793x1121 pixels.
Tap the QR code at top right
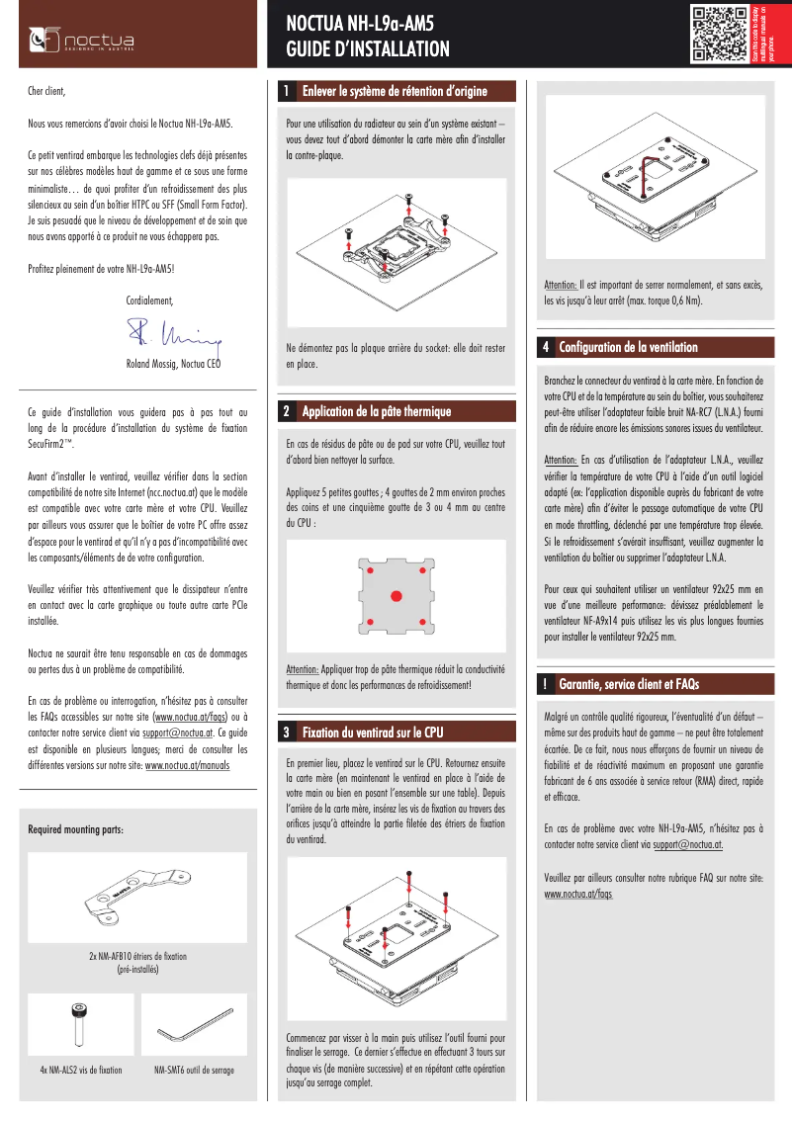point(718,34)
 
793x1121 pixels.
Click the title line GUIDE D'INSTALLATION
point(367,49)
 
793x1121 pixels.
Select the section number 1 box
point(286,92)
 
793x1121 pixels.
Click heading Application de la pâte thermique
point(376,411)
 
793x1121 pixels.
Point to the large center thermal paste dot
point(395,596)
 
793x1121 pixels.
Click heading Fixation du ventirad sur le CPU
point(373,733)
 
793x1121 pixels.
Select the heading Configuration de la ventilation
point(628,347)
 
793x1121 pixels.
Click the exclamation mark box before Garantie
point(546,683)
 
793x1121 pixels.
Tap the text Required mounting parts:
point(75,828)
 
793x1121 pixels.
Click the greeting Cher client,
point(46,91)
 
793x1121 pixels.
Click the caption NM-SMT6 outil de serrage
point(194,1071)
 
